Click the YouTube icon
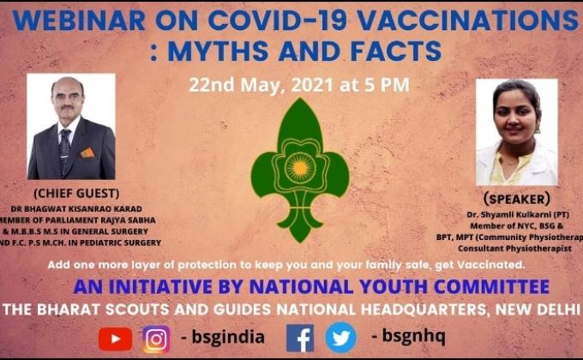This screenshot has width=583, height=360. [x=115, y=339]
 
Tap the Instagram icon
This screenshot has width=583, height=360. [x=156, y=339]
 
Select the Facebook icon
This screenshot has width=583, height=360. [x=300, y=338]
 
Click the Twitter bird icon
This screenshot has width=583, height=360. [x=340, y=338]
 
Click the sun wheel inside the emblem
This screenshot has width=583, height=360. [x=299, y=163]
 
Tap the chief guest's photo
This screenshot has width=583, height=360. [x=71, y=126]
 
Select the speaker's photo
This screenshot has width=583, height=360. [x=517, y=132]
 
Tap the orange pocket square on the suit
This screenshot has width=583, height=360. [x=87, y=153]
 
